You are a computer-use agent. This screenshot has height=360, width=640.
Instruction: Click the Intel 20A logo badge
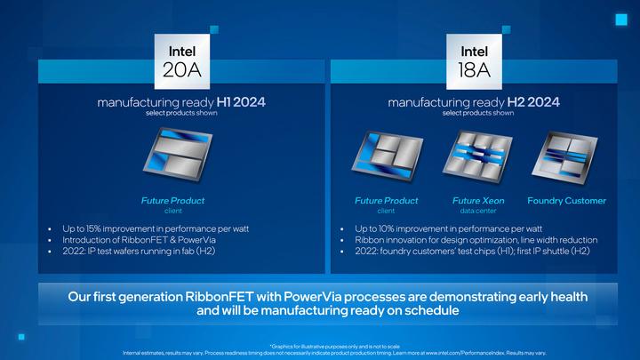[182, 58]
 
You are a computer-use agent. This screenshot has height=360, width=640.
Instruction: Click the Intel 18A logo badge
[474, 58]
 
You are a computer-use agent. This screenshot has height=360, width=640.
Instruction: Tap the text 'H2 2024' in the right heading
[535, 102]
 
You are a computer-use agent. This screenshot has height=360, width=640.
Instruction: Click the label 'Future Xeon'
[478, 201]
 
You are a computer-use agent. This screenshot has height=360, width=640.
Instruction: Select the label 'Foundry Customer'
[566, 201]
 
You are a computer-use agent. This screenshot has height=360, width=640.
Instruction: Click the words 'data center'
[478, 212]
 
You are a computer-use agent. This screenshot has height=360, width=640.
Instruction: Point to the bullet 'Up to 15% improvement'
[156, 228]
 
